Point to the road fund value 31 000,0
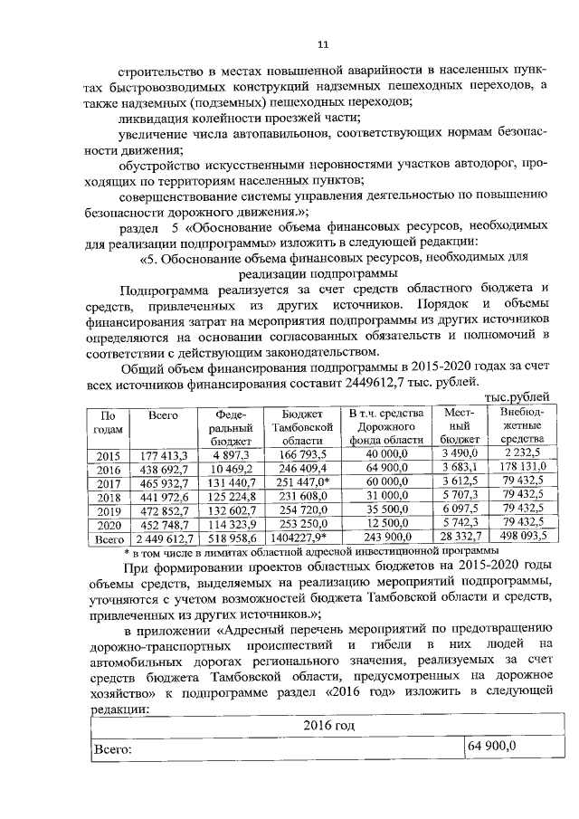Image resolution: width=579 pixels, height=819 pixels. (386, 498)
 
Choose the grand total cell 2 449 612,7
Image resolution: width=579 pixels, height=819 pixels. (163, 539)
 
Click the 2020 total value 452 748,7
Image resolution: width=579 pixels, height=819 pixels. (163, 526)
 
